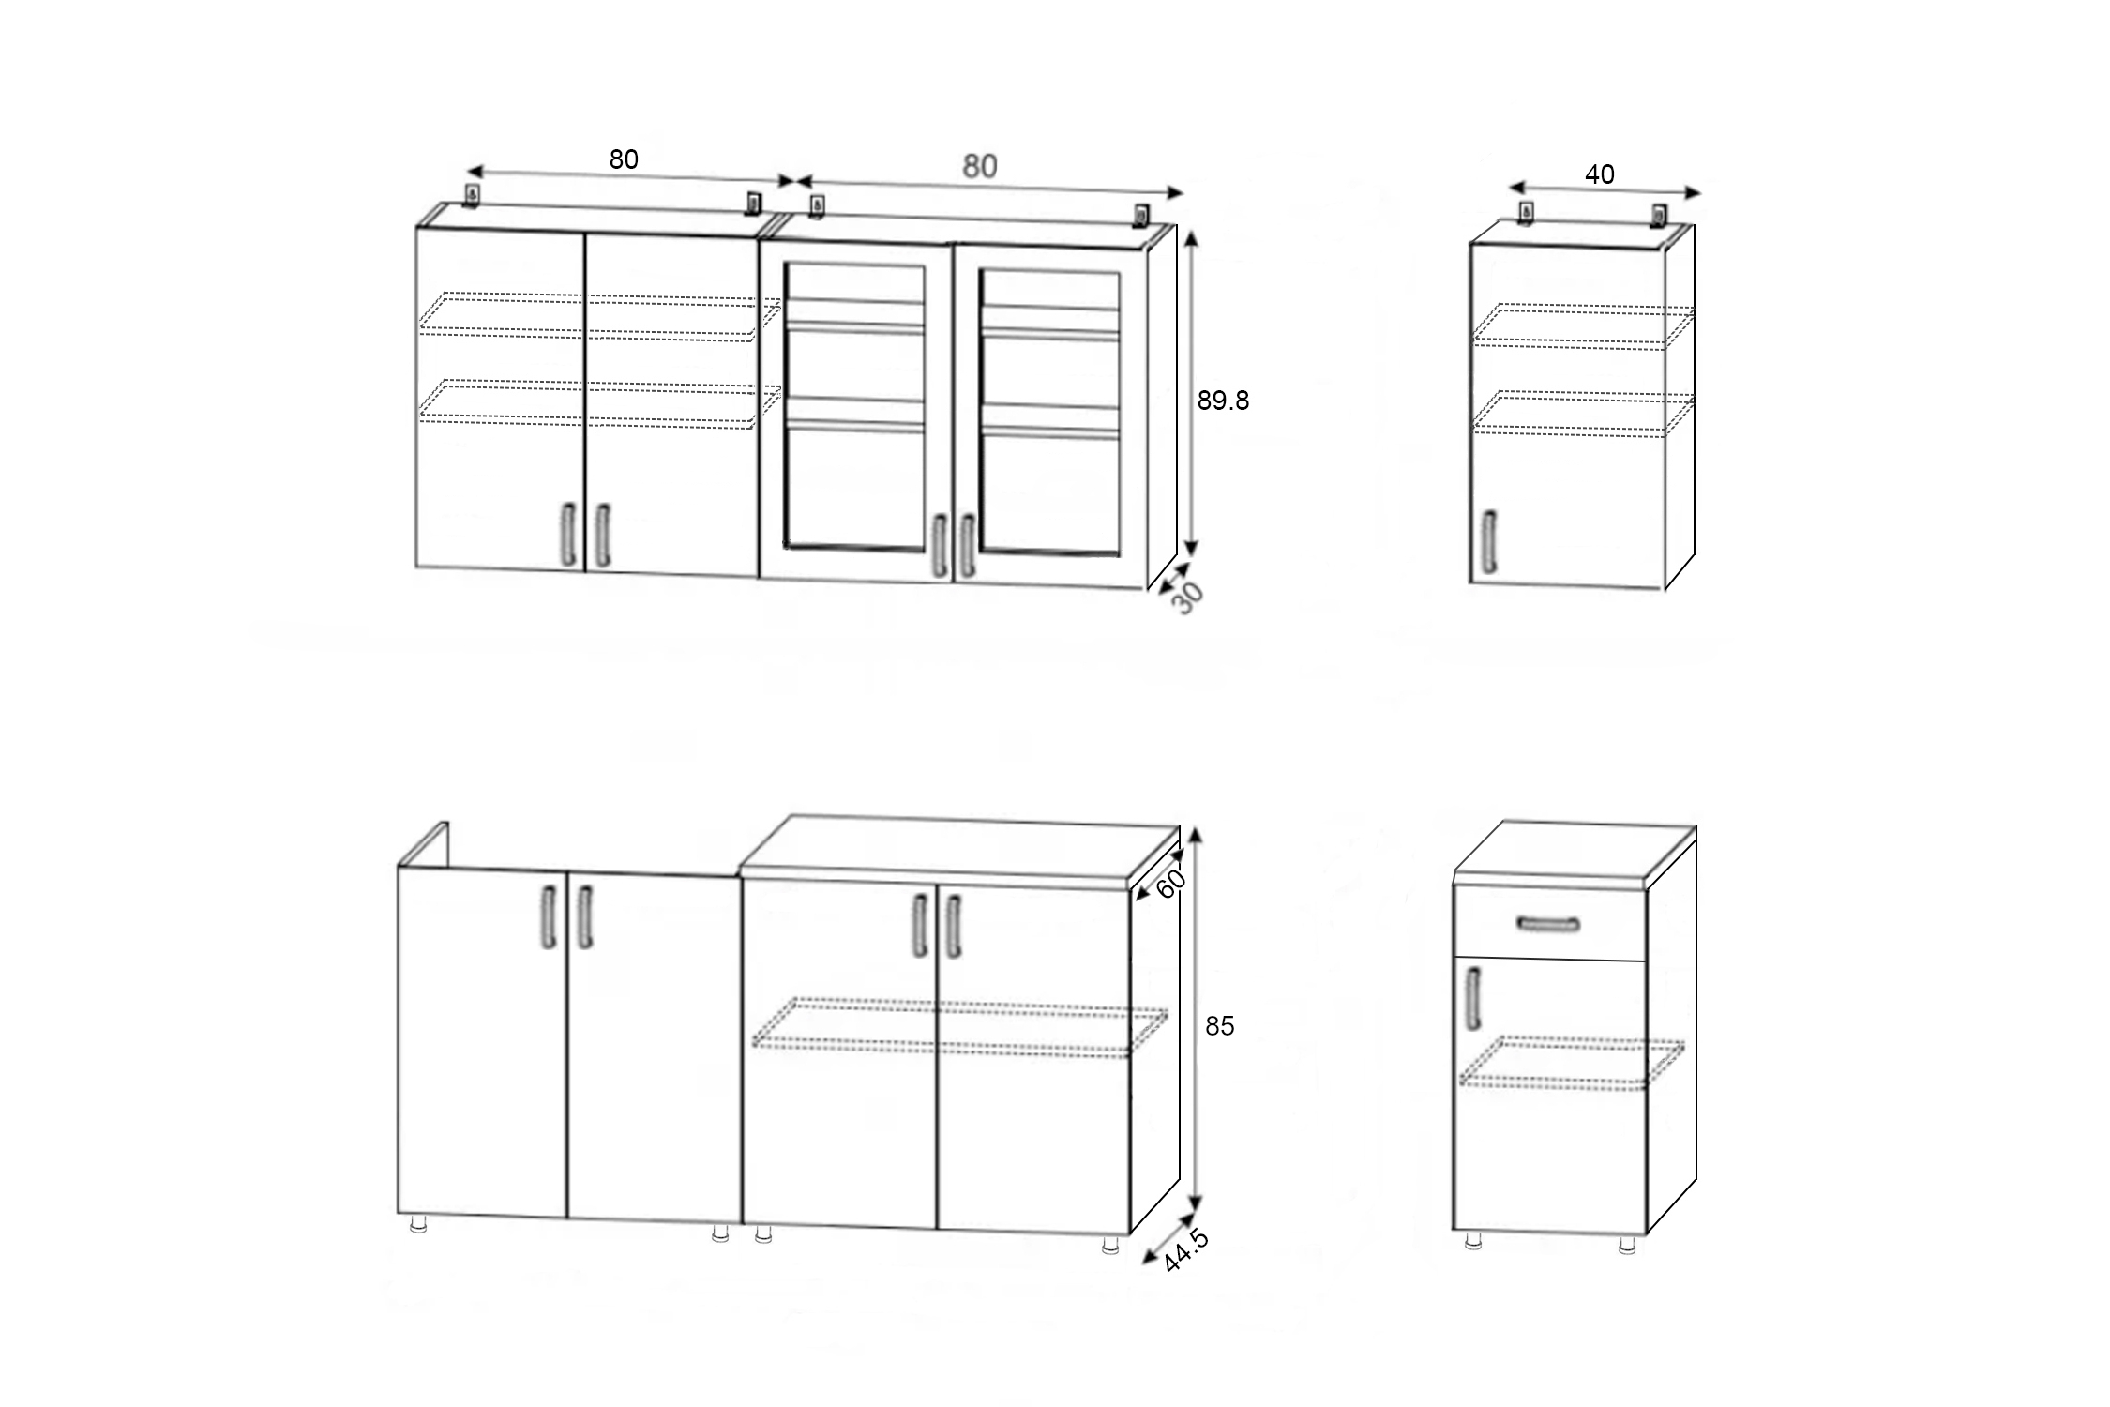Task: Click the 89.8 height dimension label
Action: (x=1223, y=401)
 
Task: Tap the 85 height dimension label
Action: (x=1219, y=1026)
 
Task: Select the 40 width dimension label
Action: (x=1599, y=174)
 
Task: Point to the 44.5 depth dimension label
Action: (x=1185, y=1251)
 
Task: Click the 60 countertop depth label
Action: (x=1170, y=883)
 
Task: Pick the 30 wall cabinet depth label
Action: (x=1187, y=598)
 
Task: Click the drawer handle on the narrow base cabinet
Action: (x=1547, y=924)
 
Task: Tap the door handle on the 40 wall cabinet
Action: (x=1488, y=540)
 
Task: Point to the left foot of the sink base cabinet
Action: (x=418, y=1224)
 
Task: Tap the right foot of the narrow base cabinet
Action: (x=1627, y=1244)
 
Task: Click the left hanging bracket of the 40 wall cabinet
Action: (x=1526, y=214)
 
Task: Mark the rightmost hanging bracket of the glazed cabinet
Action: (x=1140, y=215)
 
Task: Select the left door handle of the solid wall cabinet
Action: (x=567, y=535)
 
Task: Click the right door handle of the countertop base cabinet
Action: (x=954, y=927)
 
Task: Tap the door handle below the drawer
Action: (x=1473, y=998)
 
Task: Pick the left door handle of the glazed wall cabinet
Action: (x=938, y=546)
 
